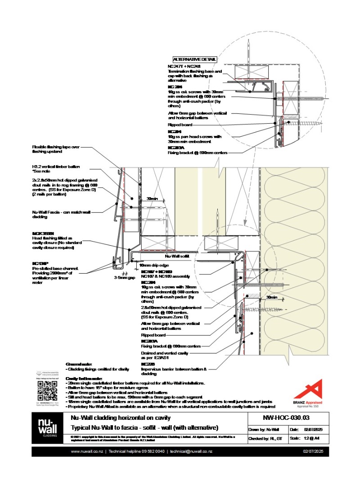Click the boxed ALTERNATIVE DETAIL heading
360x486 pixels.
click(x=194, y=59)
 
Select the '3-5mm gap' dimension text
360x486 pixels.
click(x=124, y=278)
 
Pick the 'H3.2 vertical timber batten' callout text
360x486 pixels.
click(x=58, y=166)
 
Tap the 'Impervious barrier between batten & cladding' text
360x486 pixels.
click(x=174, y=369)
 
